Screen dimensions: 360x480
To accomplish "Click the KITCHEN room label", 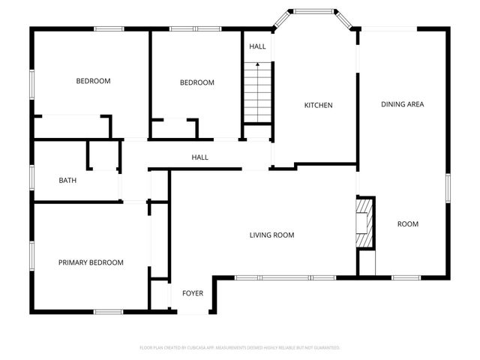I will [318, 105].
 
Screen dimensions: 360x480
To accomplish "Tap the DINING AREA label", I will [403, 104].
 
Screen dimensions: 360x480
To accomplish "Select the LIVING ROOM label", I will [271, 235].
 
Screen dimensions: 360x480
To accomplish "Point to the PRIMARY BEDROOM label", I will [91, 262].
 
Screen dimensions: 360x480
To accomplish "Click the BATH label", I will [67, 180].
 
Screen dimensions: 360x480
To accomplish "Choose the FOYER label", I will [193, 292].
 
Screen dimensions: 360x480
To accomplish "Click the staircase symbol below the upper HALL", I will [257, 94].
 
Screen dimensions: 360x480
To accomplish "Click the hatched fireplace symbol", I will [364, 223].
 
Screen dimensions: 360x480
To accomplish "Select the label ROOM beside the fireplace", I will [408, 224].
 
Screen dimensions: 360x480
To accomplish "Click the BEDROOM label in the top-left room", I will [93, 81].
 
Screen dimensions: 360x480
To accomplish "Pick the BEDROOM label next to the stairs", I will [197, 82].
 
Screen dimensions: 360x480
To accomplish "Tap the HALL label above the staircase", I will [257, 46].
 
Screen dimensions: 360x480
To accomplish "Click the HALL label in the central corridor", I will [200, 157].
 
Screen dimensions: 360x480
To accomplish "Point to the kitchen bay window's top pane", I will [313, 12].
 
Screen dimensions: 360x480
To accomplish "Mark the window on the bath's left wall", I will [31, 179].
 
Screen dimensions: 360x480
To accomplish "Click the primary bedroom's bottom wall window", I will [108, 311].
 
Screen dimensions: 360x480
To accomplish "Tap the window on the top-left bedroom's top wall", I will [109, 28].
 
